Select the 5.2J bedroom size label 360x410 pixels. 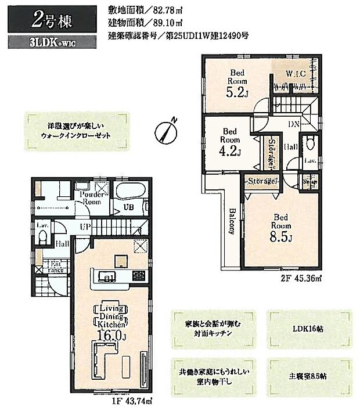236,91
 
